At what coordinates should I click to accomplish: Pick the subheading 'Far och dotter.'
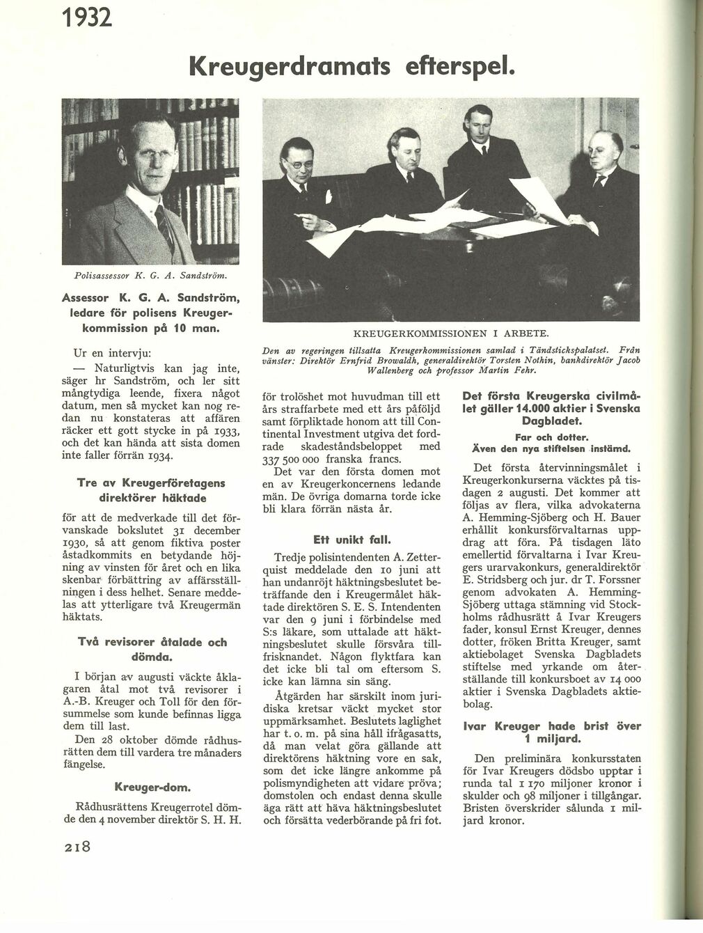click(551, 437)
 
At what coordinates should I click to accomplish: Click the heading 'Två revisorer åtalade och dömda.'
click(152, 649)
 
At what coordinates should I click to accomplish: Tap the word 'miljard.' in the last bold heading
click(551, 738)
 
